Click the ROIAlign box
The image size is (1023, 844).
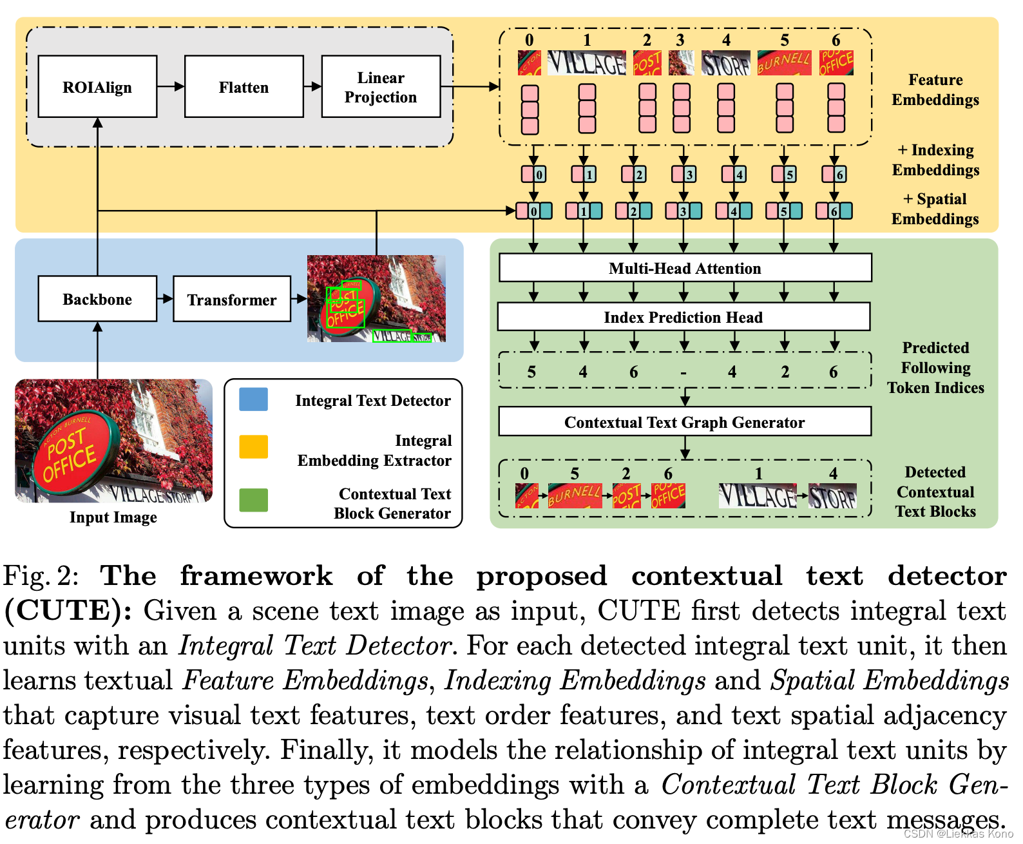point(97,87)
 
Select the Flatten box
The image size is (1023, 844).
point(244,87)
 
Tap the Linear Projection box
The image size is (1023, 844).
point(381,87)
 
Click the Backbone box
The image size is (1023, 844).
point(97,299)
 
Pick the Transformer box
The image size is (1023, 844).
point(232,299)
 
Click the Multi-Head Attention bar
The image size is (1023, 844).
point(685,268)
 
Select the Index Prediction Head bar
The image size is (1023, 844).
point(684,317)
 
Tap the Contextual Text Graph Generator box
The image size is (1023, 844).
point(685,422)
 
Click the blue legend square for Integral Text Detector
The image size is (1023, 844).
point(253,399)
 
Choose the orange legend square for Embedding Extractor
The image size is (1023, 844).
point(253,447)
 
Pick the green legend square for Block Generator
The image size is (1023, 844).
point(253,500)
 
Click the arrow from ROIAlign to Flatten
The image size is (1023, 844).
point(171,86)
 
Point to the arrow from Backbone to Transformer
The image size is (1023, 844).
point(165,298)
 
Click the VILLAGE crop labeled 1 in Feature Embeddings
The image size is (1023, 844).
point(586,63)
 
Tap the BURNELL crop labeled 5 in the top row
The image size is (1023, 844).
point(784,63)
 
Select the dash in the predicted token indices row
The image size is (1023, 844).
point(684,372)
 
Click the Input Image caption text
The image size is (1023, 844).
point(113,517)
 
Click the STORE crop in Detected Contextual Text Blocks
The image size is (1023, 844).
point(832,496)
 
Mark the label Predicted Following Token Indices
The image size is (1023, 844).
point(935,367)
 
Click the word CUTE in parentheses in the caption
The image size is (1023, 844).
point(68,610)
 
